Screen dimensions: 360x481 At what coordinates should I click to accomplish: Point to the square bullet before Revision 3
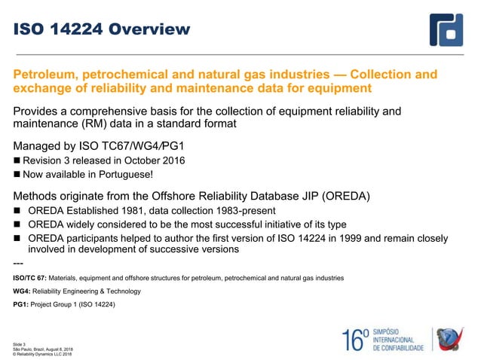17,160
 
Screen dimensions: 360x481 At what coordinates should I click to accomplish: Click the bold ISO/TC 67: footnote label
29,278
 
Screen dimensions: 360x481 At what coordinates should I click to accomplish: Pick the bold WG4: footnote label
22,291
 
